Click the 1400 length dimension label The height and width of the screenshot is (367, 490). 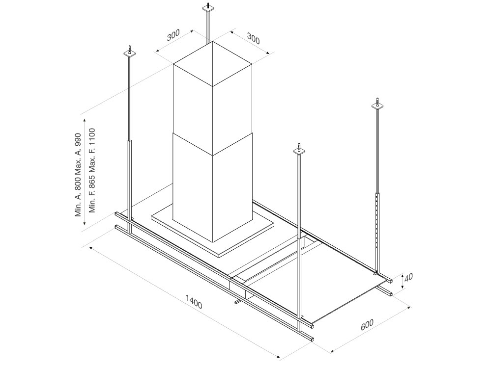[194, 301]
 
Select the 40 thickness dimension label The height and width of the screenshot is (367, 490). [409, 277]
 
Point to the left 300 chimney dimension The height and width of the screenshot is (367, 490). [173, 35]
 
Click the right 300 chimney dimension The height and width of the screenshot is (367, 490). [253, 38]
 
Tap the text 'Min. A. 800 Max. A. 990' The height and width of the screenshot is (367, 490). [78, 175]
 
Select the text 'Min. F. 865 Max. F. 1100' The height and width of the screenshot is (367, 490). [92, 170]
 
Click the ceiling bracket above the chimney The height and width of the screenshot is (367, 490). [208, 8]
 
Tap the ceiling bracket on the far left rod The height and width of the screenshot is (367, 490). [130, 52]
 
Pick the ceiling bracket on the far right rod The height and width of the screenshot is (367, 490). [377, 105]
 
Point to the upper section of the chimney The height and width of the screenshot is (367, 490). [212, 98]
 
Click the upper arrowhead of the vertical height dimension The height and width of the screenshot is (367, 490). [85, 121]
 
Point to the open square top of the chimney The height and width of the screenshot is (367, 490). [212, 64]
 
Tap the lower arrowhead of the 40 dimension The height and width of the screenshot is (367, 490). [402, 288]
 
